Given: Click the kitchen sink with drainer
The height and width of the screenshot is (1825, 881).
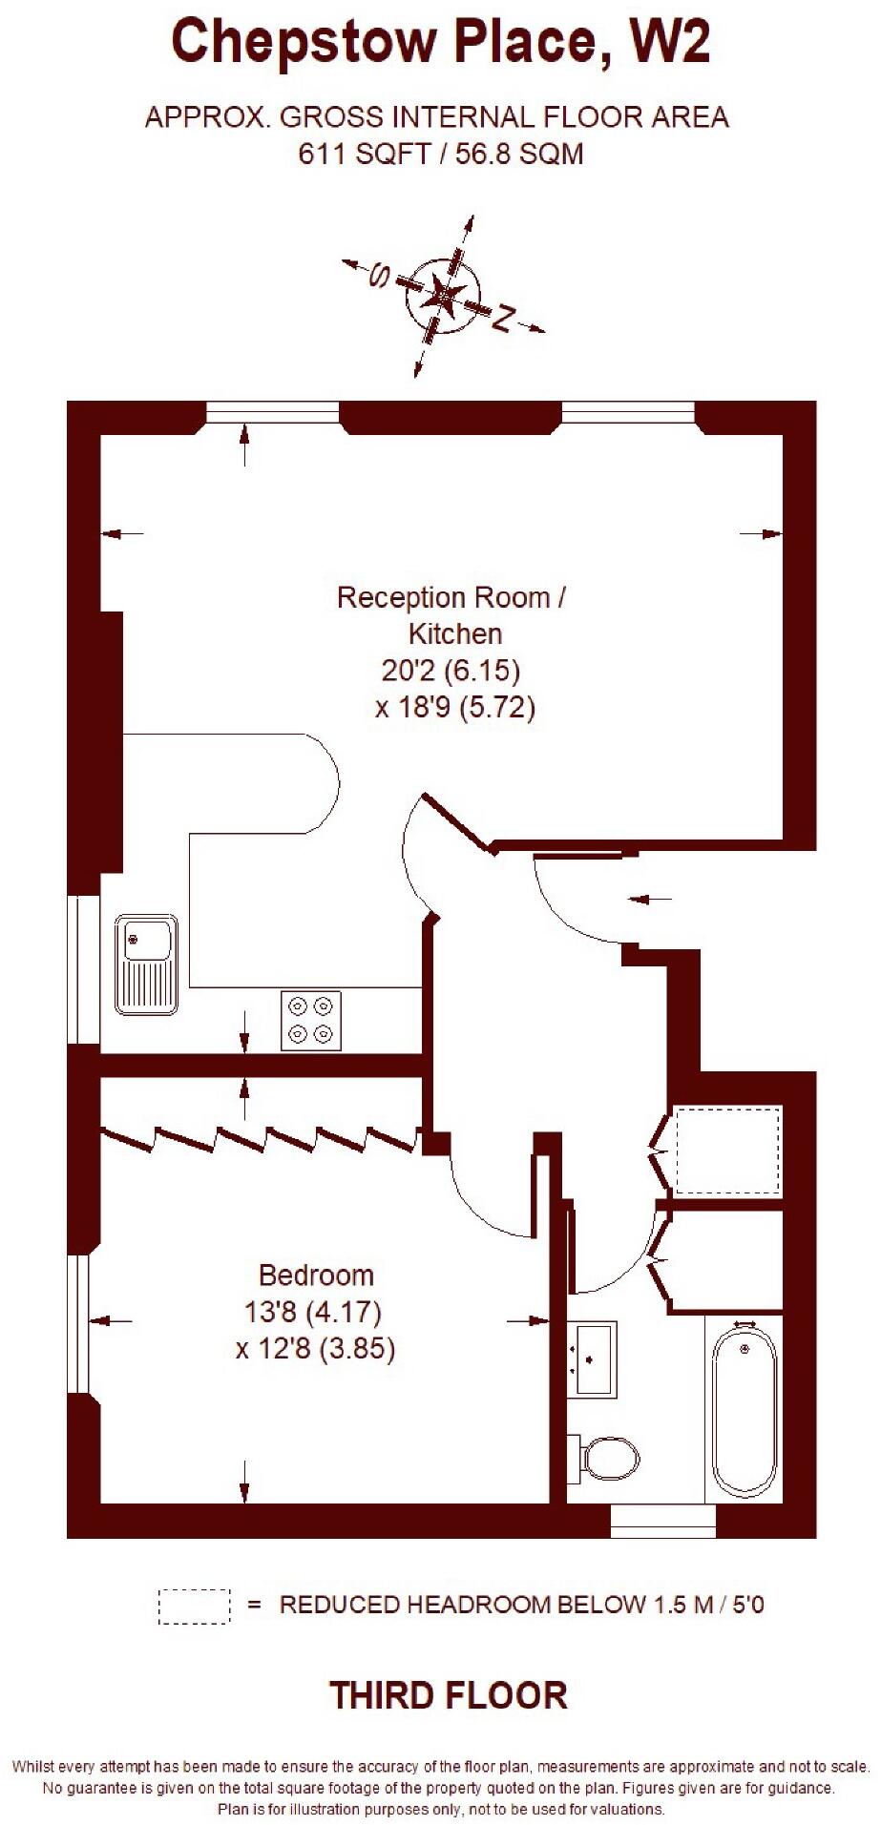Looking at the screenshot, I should point(146,964).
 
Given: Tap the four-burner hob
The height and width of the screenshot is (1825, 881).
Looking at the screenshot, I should point(311,1021).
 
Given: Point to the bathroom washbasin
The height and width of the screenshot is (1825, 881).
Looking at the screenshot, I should point(592,1358).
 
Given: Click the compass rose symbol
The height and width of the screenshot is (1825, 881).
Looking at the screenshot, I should point(443,295).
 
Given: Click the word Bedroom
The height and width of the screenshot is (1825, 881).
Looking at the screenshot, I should point(316,1275).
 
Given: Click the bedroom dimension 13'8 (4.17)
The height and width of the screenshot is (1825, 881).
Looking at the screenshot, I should point(313,1313).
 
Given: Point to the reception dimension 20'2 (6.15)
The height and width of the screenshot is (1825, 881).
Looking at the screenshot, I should point(451,671).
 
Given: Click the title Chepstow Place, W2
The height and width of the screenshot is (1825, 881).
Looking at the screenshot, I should point(440,43).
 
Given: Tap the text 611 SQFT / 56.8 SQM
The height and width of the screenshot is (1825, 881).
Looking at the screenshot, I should point(440,154).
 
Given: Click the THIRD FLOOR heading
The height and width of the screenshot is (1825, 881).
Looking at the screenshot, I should point(448,1695).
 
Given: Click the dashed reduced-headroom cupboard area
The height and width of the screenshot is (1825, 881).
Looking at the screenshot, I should point(728,1151).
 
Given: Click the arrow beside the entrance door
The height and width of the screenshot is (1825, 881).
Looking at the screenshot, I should point(652,899).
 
